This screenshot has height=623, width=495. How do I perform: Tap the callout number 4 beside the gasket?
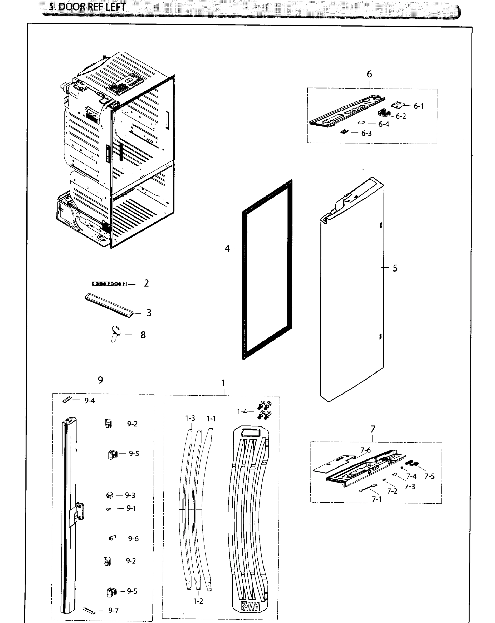point(227,249)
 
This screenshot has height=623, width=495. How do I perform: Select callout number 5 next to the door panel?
point(395,268)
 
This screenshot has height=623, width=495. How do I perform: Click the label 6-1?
point(418,106)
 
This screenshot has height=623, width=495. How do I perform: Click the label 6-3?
point(367,133)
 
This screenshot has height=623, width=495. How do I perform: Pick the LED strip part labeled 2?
point(109,284)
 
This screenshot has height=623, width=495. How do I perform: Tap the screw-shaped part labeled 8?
point(116,333)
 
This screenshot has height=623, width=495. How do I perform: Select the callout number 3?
point(149,313)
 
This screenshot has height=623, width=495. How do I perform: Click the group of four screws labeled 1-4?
point(264,410)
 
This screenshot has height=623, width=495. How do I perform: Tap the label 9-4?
point(90,401)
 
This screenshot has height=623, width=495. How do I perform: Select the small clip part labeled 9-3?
point(110,495)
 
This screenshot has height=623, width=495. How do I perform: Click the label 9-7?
point(113,610)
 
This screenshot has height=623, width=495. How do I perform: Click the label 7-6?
point(365,450)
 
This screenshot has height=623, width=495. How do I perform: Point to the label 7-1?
point(377,499)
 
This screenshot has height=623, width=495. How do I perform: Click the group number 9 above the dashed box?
point(100,380)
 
